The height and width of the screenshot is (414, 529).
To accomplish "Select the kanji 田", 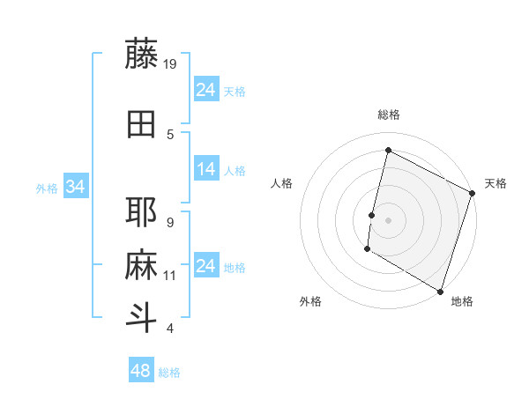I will tap(141, 124).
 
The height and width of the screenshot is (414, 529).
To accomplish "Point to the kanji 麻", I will tap(141, 264).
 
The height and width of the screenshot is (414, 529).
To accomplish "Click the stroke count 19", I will tap(171, 63).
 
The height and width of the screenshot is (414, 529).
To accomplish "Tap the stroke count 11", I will tap(171, 276).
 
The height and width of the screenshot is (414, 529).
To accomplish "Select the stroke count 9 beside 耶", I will tap(170, 222).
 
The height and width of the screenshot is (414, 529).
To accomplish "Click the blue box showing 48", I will tap(141, 371).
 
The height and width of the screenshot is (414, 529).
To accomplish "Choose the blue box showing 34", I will tap(75, 187).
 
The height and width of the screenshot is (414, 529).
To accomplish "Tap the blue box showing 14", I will tap(206, 170).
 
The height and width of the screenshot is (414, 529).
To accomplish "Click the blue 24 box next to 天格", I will tap(206, 90).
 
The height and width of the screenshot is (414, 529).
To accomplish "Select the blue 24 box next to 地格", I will tap(206, 267).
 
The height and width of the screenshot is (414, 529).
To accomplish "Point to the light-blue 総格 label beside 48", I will tap(169, 373).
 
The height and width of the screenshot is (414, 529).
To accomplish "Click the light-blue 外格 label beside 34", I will tap(46, 188).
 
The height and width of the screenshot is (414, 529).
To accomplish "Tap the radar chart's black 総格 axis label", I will tap(388, 115).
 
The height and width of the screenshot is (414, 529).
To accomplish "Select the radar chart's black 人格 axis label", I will tap(281, 183).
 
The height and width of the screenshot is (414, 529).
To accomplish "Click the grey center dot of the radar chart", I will tap(388, 219).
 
